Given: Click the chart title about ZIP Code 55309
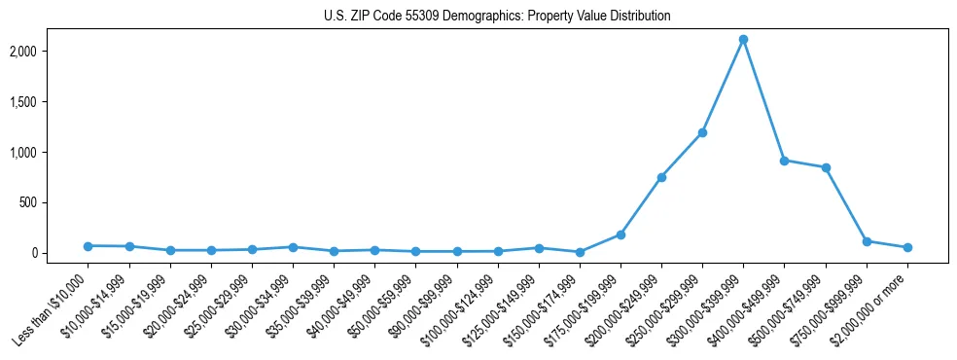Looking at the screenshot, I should point(497,17).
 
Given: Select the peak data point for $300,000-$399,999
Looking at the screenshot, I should point(743,40).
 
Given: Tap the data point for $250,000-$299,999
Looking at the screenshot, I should point(702,132).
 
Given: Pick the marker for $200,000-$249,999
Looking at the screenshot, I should point(661,177).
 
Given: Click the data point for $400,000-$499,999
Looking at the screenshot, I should point(784,161).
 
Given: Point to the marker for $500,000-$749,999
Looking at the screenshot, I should point(826,167).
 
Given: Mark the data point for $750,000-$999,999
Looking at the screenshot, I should point(867,241).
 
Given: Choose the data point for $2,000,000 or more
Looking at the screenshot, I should point(907,247).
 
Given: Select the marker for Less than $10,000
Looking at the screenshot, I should point(88,246).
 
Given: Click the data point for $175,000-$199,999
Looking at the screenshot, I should point(620,234).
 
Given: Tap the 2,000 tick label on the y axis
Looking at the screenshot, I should point(52,51).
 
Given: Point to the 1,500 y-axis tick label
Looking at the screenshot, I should point(52,101).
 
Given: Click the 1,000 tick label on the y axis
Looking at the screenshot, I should point(52,152).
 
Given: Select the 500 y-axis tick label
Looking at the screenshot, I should point(56,202).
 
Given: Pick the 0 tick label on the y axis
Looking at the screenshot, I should point(61,253).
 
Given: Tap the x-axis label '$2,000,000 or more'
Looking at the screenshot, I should point(871,310).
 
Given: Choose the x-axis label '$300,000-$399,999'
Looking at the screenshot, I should point(707,310).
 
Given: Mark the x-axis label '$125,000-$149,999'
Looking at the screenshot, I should point(502,310).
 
